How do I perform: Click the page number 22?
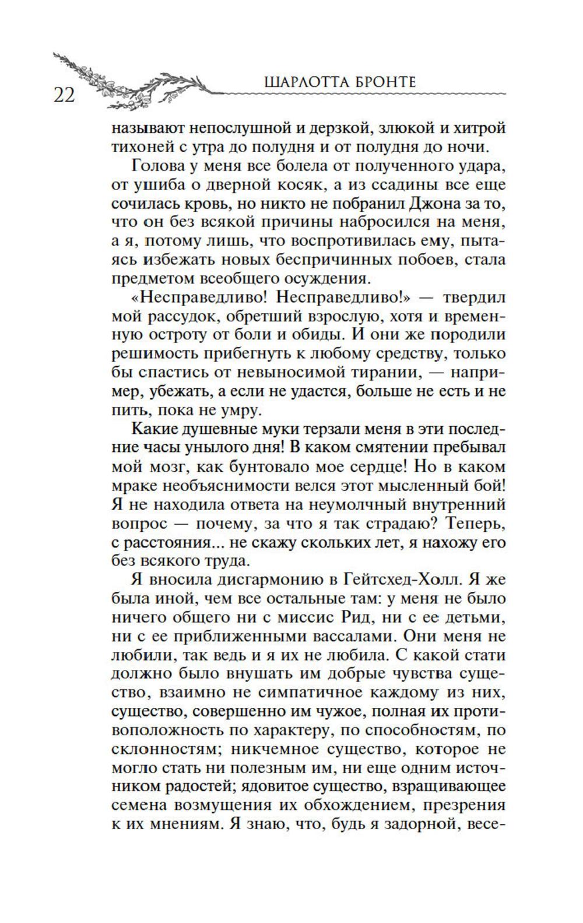coord(64,95)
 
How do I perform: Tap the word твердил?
coord(474,297)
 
